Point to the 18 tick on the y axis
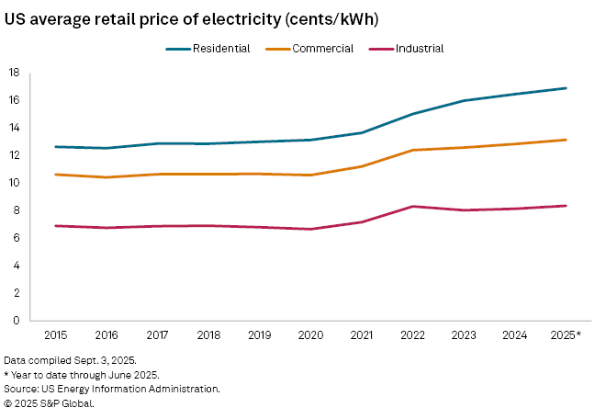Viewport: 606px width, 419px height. click(x=14, y=72)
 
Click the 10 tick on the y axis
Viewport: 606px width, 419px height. click(x=14, y=183)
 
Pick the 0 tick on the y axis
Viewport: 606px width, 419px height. click(x=17, y=321)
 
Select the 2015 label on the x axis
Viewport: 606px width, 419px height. click(x=57, y=335)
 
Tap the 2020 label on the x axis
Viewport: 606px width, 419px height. click(x=312, y=335)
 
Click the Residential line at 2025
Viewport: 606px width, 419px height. click(x=567, y=88)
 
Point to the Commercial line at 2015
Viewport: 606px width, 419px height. click(x=57, y=175)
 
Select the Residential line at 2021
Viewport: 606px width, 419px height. click(x=363, y=132)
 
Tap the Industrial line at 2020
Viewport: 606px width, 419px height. click(x=312, y=229)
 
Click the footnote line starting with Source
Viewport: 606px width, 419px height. click(x=111, y=389)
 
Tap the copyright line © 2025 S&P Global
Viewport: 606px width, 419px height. click(x=49, y=402)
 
